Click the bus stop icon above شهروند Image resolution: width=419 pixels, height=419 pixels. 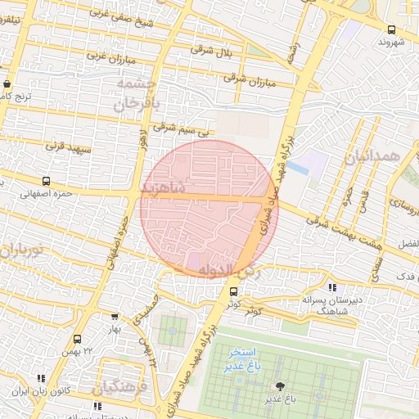click(390, 30)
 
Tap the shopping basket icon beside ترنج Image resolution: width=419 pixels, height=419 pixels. click(7, 83)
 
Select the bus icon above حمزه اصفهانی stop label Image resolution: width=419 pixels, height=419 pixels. click(45, 181)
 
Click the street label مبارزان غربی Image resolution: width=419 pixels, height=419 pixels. click(110, 60)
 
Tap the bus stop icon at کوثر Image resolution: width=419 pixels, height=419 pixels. click(234, 291)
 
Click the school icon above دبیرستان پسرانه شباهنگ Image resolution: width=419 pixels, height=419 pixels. click(331, 287)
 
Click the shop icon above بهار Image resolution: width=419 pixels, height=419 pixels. click(114, 317)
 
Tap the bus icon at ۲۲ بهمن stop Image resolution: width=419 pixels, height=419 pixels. click(78, 339)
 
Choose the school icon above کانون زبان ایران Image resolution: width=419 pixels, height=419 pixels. click(41, 378)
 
